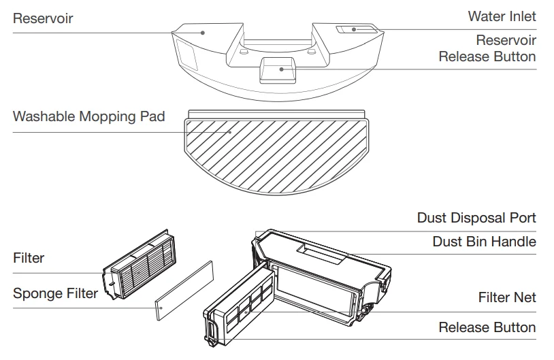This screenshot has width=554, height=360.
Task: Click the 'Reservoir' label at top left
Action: [43, 18]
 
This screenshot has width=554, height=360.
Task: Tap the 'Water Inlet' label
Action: [502, 16]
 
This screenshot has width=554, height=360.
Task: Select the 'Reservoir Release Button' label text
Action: [487, 48]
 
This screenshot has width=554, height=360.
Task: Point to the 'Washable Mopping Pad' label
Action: [88, 116]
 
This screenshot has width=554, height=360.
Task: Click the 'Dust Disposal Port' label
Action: [476, 218]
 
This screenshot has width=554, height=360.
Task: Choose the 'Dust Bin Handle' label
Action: [484, 242]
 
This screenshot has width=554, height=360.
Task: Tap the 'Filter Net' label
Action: [506, 297]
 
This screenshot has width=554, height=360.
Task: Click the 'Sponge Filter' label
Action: [55, 293]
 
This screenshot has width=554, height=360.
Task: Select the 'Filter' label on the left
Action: [29, 258]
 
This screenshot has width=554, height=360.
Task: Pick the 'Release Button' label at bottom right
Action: [487, 327]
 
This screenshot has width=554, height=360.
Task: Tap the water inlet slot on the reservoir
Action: [357, 29]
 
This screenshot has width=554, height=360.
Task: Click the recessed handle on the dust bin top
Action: [321, 252]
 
